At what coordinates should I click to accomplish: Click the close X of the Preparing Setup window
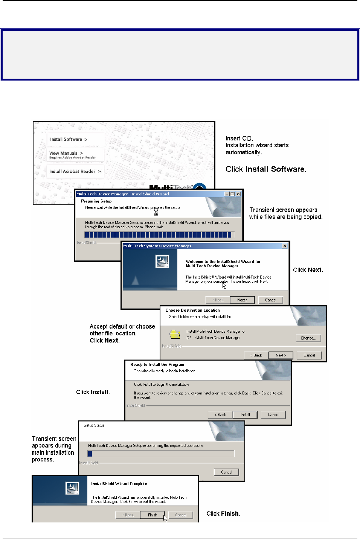238,194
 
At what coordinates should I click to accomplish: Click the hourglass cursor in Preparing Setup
156,212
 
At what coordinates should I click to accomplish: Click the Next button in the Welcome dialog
243,300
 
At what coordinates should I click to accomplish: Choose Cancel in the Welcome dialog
270,300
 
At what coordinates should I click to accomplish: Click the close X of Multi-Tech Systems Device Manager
285,246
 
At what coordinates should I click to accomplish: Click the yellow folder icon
175,334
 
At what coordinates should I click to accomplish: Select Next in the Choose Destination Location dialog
281,355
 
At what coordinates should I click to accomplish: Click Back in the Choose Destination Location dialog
256,355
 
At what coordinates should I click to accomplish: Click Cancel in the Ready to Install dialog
273,415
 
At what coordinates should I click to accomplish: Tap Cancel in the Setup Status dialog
226,472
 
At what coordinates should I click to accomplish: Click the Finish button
153,515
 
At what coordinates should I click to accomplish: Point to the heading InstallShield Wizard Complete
119,484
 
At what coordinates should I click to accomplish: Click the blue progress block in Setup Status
90,454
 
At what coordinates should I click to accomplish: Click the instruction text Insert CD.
239,138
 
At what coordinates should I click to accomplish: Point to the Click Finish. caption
223,513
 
